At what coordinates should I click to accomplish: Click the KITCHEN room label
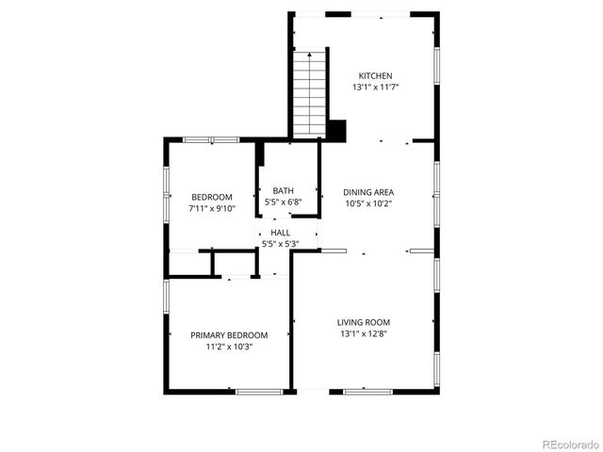pyautogui.click(x=374, y=76)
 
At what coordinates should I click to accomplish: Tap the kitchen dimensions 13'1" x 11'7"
pyautogui.click(x=374, y=88)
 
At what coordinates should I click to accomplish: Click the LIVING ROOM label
pyautogui.click(x=364, y=322)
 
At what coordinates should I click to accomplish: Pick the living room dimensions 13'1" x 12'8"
pyautogui.click(x=364, y=333)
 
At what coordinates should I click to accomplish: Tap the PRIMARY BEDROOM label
pyautogui.click(x=229, y=335)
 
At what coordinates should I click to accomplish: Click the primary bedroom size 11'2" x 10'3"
pyautogui.click(x=229, y=347)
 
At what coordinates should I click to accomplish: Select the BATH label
pyautogui.click(x=283, y=190)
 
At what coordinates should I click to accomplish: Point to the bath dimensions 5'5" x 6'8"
pyautogui.click(x=283, y=201)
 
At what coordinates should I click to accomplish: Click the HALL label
pyautogui.click(x=280, y=233)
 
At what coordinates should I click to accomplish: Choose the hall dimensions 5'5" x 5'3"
pyautogui.click(x=280, y=244)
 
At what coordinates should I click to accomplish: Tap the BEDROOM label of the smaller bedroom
pyautogui.click(x=211, y=197)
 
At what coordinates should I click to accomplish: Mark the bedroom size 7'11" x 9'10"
pyautogui.click(x=211, y=208)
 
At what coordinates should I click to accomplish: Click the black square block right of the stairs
pyautogui.click(x=337, y=130)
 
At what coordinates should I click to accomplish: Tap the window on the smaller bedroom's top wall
pyautogui.click(x=211, y=139)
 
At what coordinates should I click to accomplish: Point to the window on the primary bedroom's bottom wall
pyautogui.click(x=259, y=391)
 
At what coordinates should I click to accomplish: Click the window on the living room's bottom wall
pyautogui.click(x=367, y=391)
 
